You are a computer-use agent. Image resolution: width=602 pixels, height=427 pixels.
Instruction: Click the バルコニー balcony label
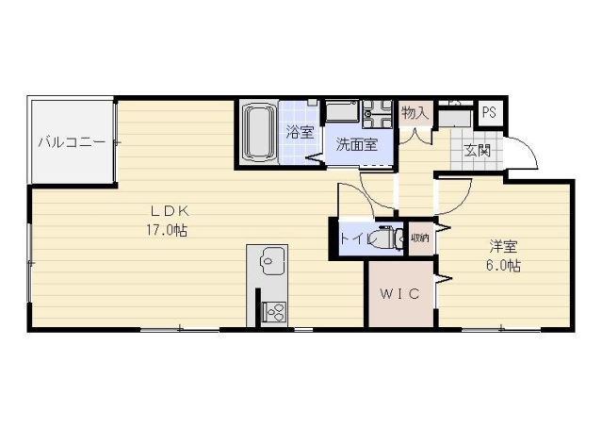[x=71, y=143]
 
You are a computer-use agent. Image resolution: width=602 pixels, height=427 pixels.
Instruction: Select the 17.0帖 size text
[x=165, y=229]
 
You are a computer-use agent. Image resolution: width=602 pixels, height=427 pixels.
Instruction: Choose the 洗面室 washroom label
[x=357, y=145]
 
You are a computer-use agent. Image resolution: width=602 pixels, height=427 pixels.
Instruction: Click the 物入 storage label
[x=415, y=113]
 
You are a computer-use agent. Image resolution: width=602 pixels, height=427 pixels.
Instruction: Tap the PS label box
[x=488, y=112]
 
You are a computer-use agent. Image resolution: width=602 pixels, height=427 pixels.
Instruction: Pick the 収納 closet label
[x=419, y=238]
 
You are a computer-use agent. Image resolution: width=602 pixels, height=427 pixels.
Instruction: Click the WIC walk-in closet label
[x=399, y=293]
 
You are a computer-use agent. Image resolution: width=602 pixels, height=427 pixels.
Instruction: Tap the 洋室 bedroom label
[x=503, y=247]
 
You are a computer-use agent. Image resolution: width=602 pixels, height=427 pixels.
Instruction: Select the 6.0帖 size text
[x=503, y=267]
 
